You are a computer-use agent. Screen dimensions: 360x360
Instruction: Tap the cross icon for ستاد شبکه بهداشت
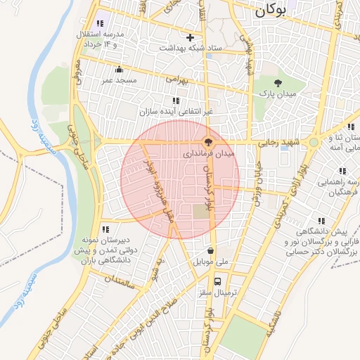click(x=190, y=37)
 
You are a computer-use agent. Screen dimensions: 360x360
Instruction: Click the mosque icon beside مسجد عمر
click(x=119, y=70)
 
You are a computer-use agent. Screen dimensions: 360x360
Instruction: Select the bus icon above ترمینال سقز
click(x=217, y=281)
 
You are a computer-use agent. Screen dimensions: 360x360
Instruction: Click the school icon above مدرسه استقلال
click(x=101, y=23)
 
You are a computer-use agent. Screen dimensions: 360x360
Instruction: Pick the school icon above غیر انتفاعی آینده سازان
click(x=175, y=101)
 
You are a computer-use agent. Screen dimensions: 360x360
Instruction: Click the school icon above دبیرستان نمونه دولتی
click(x=105, y=229)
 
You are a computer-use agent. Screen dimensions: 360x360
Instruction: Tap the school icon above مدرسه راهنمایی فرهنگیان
click(x=342, y=171)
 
